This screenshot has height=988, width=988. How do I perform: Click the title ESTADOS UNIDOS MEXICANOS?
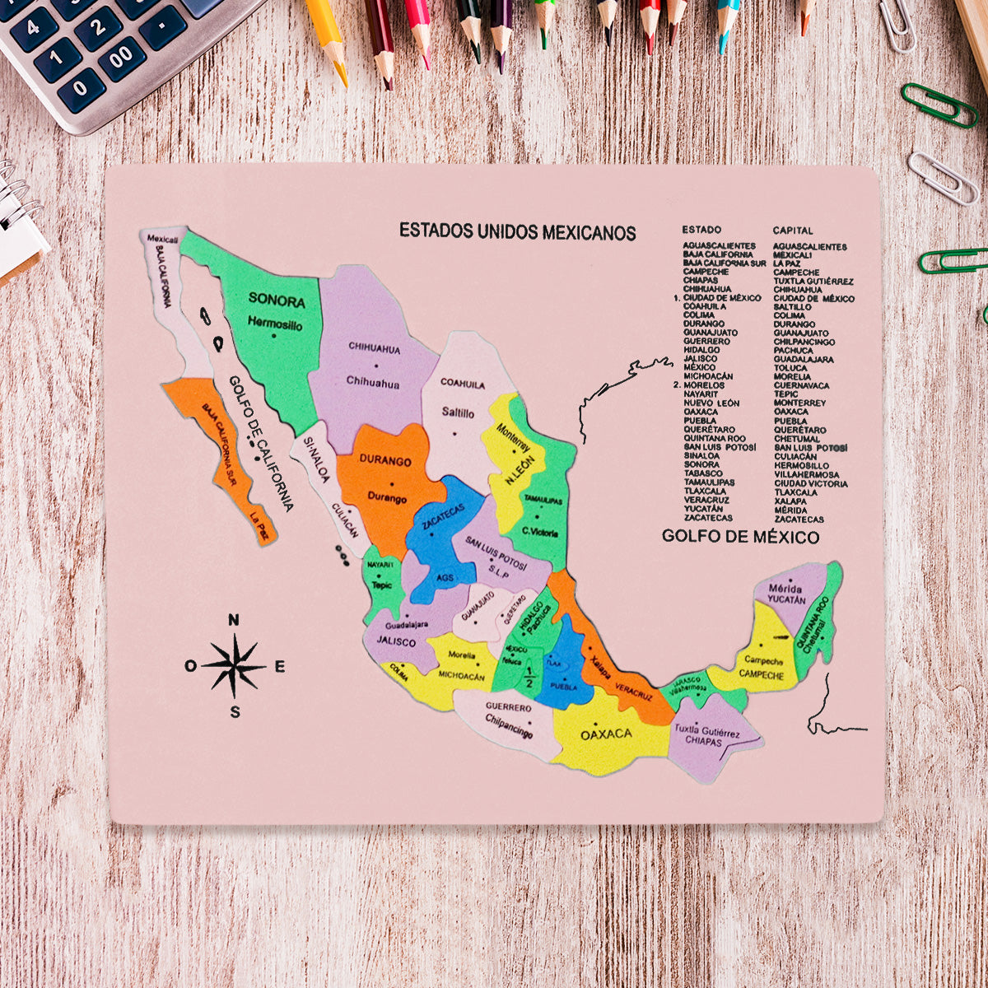(517, 231)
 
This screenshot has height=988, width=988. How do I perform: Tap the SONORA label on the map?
(277, 301)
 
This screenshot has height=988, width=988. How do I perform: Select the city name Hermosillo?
(275, 324)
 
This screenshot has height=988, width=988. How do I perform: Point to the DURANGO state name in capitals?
(384, 461)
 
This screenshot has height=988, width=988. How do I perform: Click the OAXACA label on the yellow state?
(606, 734)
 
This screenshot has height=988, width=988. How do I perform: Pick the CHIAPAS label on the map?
(703, 742)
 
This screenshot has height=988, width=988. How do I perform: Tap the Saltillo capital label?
(458, 412)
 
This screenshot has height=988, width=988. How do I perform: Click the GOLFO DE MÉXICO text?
(740, 537)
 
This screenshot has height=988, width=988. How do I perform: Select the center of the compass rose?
(235, 665)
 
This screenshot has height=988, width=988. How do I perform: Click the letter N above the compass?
(234, 621)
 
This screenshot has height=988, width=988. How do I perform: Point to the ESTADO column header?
(701, 230)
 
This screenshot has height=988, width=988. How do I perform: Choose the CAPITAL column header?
(792, 231)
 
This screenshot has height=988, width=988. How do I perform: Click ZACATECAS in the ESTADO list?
(707, 518)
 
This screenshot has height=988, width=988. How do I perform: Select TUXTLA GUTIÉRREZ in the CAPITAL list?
(813, 281)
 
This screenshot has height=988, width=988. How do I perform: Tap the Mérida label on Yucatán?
(785, 590)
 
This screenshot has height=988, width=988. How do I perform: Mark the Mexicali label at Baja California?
(162, 238)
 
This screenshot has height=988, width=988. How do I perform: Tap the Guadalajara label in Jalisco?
(407, 625)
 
